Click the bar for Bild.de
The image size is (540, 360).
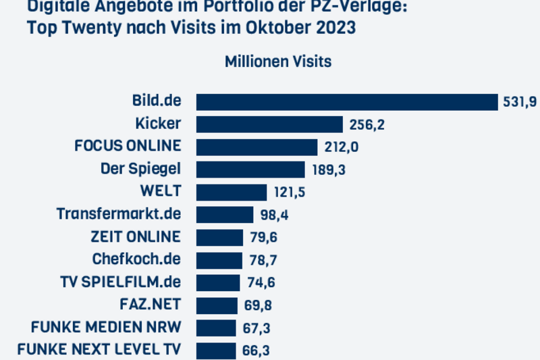pyautogui.click(x=347, y=102)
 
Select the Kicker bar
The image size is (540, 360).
pyautogui.click(x=270, y=124)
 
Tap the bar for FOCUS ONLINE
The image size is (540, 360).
pyautogui.click(x=256, y=147)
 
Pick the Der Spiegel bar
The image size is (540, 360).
pyautogui.click(x=250, y=170)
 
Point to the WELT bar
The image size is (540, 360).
pyautogui.click(x=232, y=192)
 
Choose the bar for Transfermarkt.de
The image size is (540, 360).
pyautogui.click(x=225, y=215)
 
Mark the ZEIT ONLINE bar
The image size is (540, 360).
pyautogui.click(x=219, y=238)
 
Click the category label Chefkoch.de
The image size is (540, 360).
pyautogui.click(x=136, y=259)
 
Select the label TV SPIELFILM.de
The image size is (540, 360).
pyautogui.click(x=121, y=282)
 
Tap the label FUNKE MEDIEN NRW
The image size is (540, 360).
pyautogui.click(x=106, y=328)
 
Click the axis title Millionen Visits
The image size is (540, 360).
pyautogui.click(x=278, y=61)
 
